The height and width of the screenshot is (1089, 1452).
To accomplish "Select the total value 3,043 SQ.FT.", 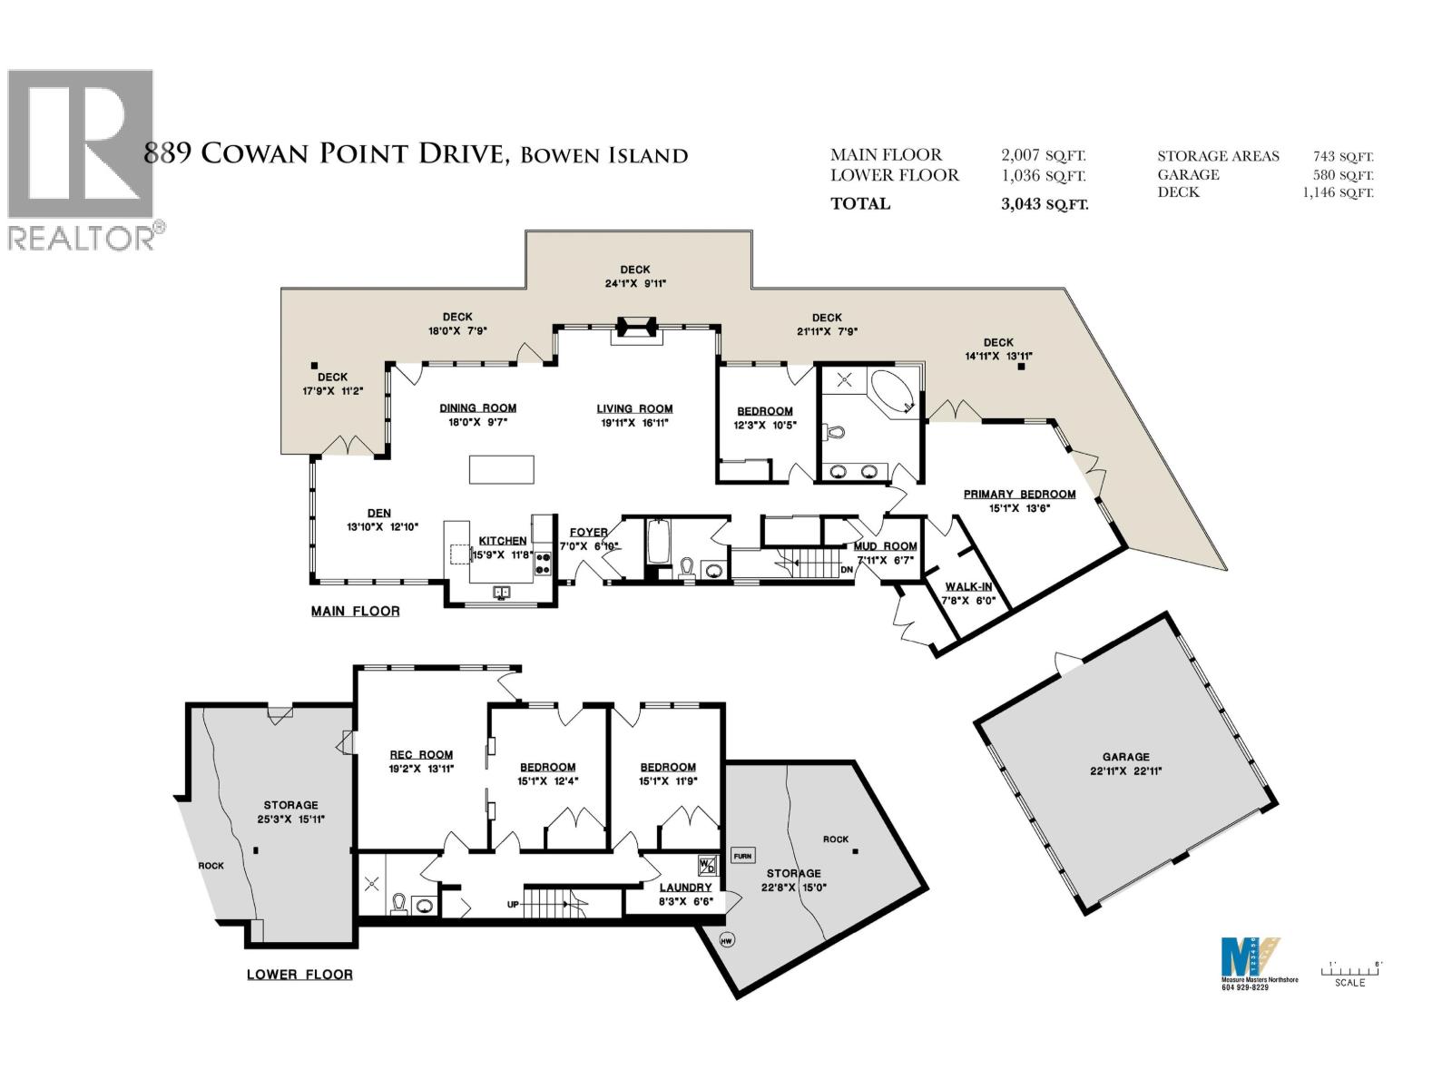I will pyautogui.click(x=1044, y=204).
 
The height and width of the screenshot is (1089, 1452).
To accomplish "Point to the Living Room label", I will pyautogui.click(x=634, y=408).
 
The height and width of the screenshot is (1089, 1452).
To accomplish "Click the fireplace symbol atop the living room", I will pyautogui.click(x=636, y=329).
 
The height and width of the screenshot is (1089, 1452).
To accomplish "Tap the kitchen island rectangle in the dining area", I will pyautogui.click(x=501, y=470).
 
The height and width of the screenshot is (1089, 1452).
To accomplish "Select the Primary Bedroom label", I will pyautogui.click(x=1019, y=495).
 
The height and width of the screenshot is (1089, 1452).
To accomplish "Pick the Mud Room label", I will pyautogui.click(x=886, y=546).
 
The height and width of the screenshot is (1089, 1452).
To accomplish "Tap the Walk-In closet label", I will pyautogui.click(x=968, y=587).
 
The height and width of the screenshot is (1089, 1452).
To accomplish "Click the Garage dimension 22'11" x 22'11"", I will pyautogui.click(x=1126, y=770).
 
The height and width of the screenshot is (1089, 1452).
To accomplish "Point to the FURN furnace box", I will pyautogui.click(x=742, y=856).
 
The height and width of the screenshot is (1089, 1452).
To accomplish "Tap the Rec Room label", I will pyautogui.click(x=421, y=754).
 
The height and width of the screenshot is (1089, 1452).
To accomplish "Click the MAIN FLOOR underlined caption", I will pyautogui.click(x=355, y=612).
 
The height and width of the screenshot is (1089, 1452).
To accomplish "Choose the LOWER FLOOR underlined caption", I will pyautogui.click(x=299, y=975).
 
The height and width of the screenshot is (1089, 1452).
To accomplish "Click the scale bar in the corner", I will pyautogui.click(x=1353, y=970).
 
